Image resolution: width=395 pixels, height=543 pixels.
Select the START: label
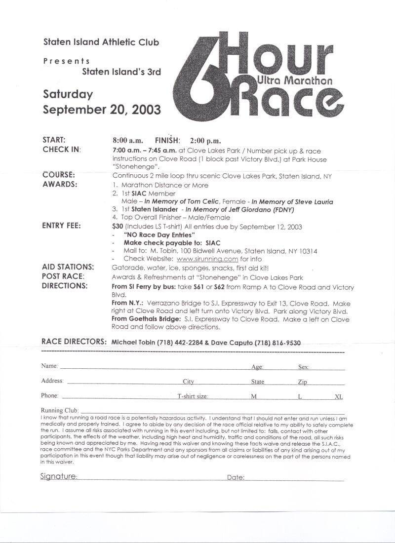[54, 140]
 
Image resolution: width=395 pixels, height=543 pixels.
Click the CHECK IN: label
[62, 150]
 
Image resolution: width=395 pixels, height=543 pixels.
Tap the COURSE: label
[59, 175]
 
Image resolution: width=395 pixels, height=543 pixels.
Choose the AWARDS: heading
[60, 185]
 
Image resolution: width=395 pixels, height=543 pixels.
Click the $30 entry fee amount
[118, 226]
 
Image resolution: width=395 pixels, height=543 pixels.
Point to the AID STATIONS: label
[68, 267]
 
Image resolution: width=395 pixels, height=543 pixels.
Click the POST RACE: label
[63, 276]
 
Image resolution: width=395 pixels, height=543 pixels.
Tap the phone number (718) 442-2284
[175, 343]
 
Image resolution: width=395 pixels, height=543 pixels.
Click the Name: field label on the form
[49, 366]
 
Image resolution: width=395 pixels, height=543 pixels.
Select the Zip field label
[302, 382]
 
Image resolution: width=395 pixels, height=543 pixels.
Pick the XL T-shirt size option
[339, 396]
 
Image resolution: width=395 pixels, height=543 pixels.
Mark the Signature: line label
[58, 477]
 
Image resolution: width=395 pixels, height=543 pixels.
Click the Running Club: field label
[59, 410]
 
